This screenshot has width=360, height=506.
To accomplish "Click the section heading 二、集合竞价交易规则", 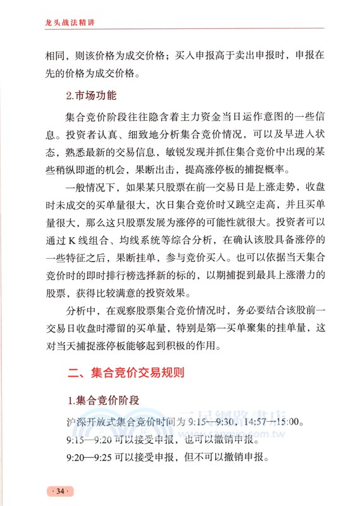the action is pyautogui.click(x=126, y=373).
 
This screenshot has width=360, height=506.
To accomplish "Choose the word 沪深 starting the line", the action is pyautogui.click(x=73, y=422).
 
